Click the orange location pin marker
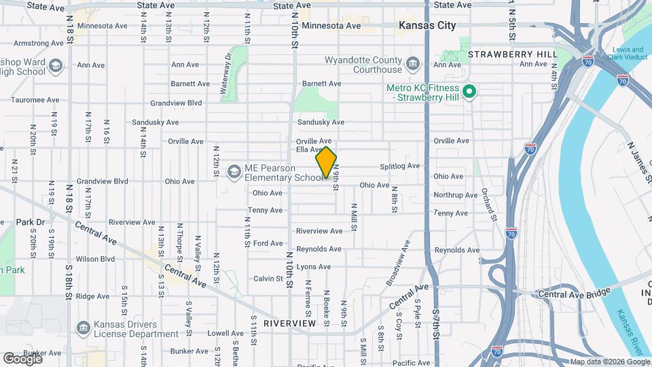pyautogui.click(x=327, y=162)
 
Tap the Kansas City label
pyautogui.click(x=427, y=26)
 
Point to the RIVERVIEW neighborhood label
pyautogui.click(x=290, y=323)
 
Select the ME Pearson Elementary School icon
pyautogui.click(x=234, y=171)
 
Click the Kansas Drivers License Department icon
pyautogui.click(x=83, y=328)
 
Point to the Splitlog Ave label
pyautogui.click(x=400, y=166)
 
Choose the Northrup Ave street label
pyautogui.click(x=456, y=195)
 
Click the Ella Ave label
pyautogui.click(x=310, y=150)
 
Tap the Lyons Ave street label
pyautogui.click(x=314, y=267)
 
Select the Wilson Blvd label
pyautogui.click(x=96, y=259)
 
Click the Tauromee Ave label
pyautogui.click(x=35, y=100)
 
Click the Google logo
pyautogui.click(x=22, y=358)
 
